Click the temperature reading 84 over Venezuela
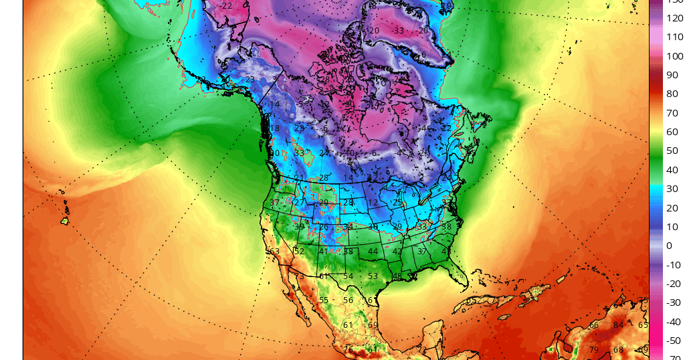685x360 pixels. pyautogui.click(x=618, y=326)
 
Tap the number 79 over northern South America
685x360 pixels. pyautogui.click(x=594, y=349)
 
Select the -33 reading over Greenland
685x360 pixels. pyautogui.click(x=398, y=30)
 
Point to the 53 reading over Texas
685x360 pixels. pyautogui.click(x=373, y=276)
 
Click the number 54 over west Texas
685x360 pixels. pyautogui.click(x=348, y=276)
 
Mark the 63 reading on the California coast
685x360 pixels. pyautogui.click(x=274, y=252)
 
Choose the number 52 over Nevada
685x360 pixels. pyautogui.click(x=299, y=252)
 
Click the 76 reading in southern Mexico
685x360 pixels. pyautogui.click(x=348, y=349)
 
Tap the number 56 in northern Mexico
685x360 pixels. pyautogui.click(x=348, y=300)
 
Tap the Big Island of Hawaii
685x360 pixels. pyautogui.click(x=65, y=221)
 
